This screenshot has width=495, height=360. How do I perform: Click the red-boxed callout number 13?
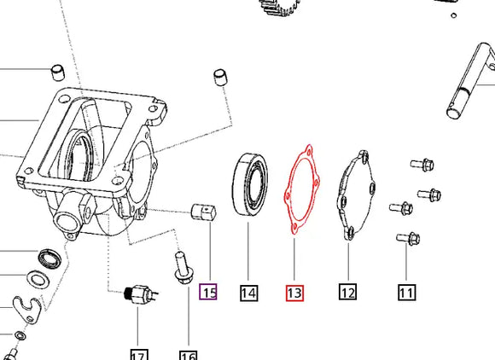point(294,293)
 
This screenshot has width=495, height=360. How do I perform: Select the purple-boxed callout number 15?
point(208,293)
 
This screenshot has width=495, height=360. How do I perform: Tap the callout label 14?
point(248,293)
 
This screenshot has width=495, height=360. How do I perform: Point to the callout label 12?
point(347,293)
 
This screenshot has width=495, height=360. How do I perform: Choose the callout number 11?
point(405,293)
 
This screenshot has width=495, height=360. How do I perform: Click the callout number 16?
point(188,353)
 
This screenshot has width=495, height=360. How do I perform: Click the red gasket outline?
point(300,192)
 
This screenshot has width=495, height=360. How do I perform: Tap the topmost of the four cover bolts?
point(417,164)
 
